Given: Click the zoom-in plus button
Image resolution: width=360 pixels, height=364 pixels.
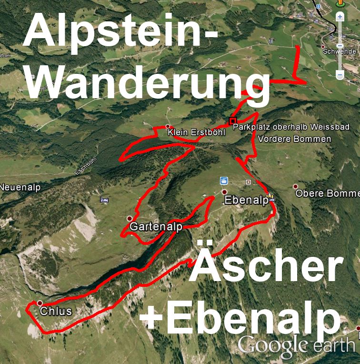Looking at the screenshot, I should [340, 17].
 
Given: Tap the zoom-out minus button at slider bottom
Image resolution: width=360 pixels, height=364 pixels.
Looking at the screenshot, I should [340, 74].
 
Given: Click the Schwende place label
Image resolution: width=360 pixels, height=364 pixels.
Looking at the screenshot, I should [340, 51].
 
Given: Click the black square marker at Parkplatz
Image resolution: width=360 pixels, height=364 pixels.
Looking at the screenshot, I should [232, 121].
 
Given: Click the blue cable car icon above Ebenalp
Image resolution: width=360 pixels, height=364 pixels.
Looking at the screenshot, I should [222, 181].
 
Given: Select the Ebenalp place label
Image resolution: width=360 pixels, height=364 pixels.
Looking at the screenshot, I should [246, 201].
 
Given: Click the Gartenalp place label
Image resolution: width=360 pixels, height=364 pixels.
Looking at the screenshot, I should [156, 226].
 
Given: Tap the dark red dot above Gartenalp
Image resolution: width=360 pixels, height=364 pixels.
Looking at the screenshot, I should [130, 218].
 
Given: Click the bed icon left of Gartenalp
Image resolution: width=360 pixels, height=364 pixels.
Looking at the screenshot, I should [104, 200].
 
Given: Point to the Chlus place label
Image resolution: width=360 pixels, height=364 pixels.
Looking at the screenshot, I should [56, 312].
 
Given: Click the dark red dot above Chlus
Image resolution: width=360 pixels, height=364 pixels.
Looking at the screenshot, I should [40, 303].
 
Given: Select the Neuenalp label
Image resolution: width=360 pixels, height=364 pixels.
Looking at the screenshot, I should [18, 187].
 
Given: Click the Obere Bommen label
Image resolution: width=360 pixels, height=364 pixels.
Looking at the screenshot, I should [327, 193].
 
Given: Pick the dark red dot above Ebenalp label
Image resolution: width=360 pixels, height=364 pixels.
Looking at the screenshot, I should [224, 192].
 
